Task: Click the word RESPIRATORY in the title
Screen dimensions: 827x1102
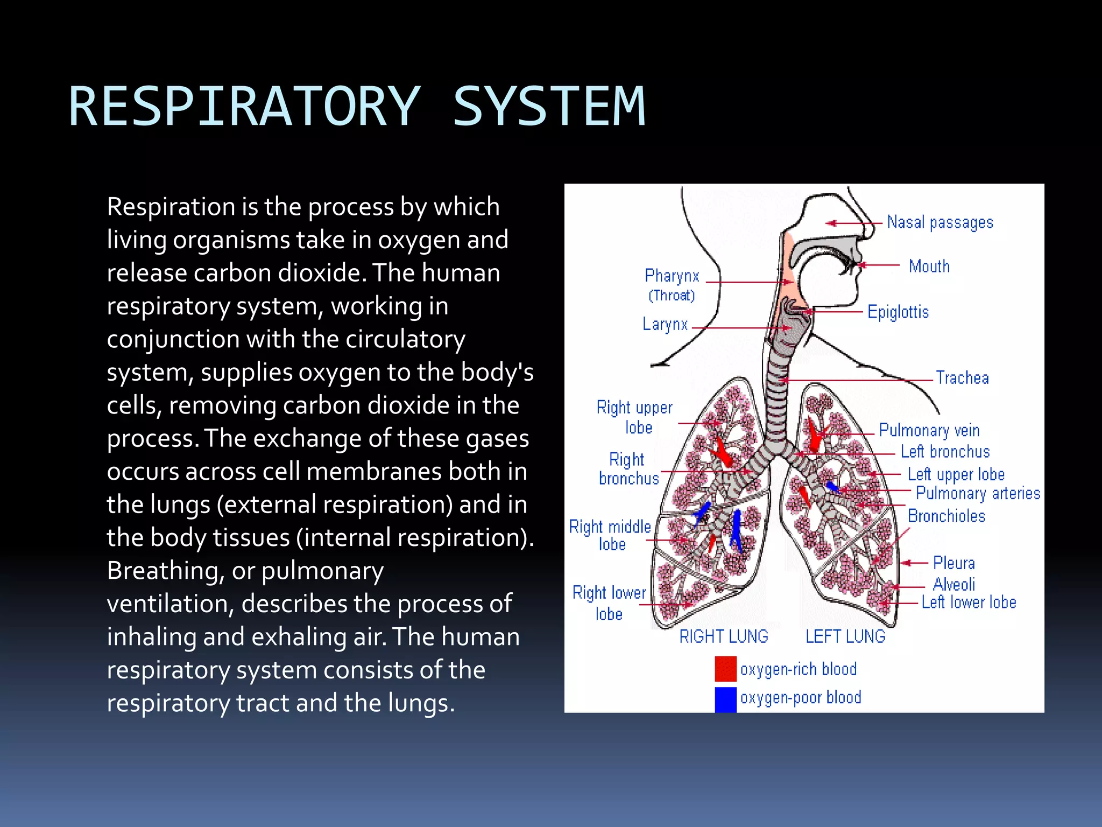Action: coord(245,107)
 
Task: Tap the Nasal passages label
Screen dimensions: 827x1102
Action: coord(939,222)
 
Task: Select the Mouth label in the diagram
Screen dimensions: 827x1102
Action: coord(929,266)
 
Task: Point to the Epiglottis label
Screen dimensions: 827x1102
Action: coord(898,312)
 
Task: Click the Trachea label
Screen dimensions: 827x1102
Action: coord(962,377)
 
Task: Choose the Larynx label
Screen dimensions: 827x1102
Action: coord(665,324)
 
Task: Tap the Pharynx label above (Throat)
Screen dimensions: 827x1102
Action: coord(672,276)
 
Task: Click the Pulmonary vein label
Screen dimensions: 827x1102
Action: coord(929,430)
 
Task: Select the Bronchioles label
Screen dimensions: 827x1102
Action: coord(946,516)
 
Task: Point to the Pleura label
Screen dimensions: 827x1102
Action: coord(953,563)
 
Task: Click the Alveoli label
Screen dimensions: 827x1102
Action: coord(953,584)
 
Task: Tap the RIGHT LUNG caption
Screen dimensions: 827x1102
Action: coord(723,636)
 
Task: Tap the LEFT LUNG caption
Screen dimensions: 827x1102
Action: coord(845,636)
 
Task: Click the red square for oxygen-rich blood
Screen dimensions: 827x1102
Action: coord(725,669)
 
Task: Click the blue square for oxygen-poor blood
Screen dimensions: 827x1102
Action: coord(725,699)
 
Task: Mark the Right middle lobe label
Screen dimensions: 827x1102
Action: coord(610,535)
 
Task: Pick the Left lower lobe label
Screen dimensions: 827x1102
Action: coord(969,602)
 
